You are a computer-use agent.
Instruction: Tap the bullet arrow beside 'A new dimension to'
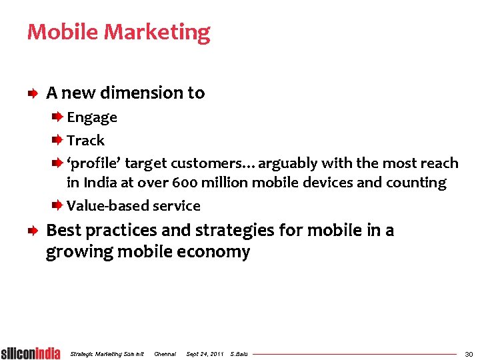pyautogui.click(x=33, y=94)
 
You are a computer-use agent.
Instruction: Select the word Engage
pyautogui.click(x=92, y=118)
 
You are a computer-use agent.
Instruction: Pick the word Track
pyautogui.click(x=85, y=141)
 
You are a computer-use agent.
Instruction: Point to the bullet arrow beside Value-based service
pyautogui.click(x=58, y=205)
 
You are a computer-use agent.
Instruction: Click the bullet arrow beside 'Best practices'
pyautogui.click(x=33, y=231)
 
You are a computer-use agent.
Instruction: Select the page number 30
pyautogui.click(x=469, y=353)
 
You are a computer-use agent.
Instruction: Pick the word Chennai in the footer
pyautogui.click(x=165, y=353)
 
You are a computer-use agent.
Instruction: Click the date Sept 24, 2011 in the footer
pyautogui.click(x=205, y=353)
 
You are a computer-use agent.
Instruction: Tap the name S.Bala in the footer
pyautogui.click(x=239, y=353)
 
